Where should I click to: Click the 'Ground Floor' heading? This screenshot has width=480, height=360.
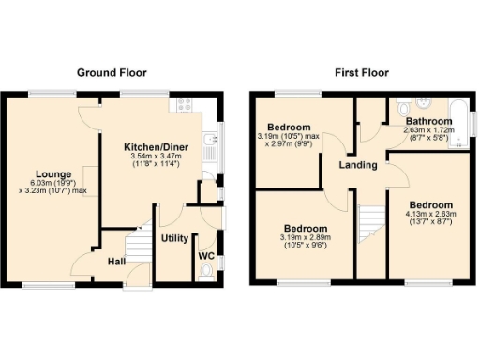pos(115,72)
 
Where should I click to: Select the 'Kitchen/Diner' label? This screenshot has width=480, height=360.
pos(153,147)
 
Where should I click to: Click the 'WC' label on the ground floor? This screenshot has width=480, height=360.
pos(207,254)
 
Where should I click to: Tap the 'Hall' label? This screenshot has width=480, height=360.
pos(115,262)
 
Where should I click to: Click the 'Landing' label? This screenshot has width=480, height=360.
pos(358,165)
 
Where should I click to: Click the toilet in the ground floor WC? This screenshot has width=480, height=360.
pos(207,271)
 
